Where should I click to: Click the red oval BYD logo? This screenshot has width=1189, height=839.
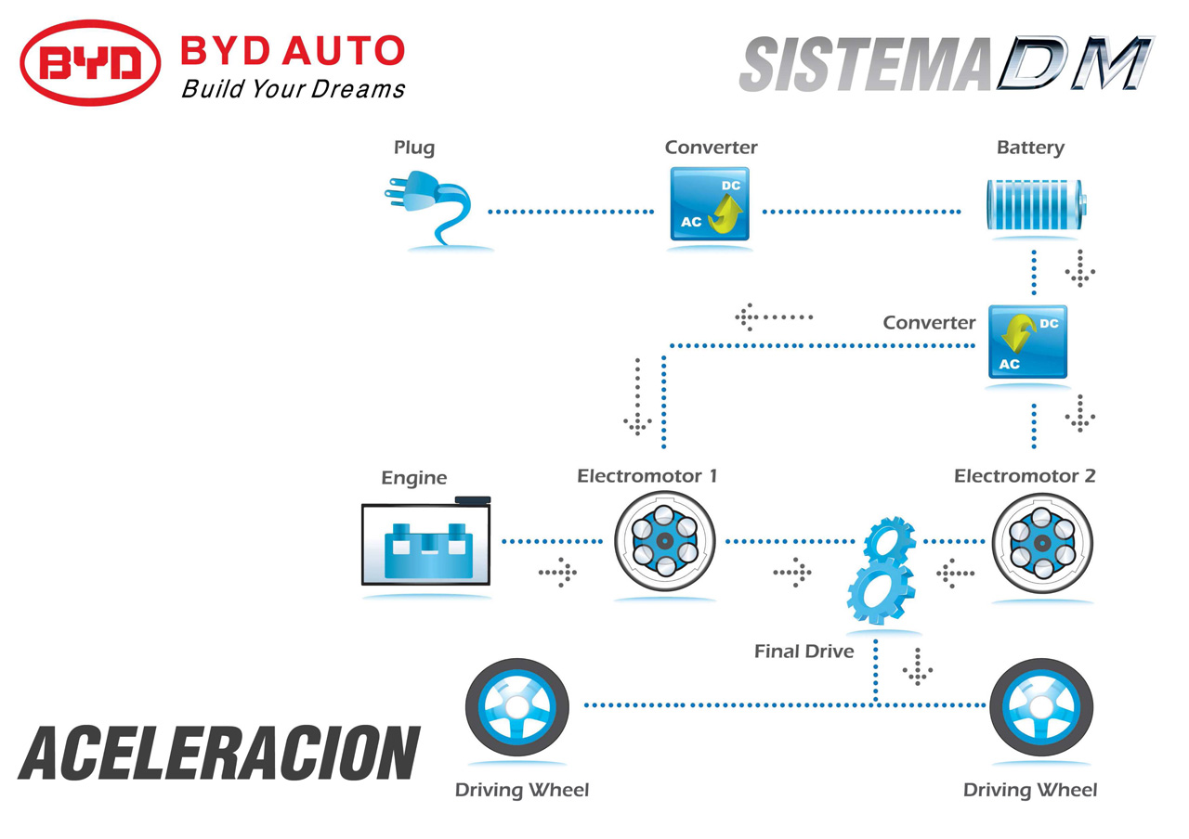pos(90,62)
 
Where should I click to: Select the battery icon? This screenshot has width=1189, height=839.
pos(1036,205)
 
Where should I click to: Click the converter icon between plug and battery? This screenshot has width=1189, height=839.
pos(710,203)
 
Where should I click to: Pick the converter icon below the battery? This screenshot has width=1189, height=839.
pos(1027,342)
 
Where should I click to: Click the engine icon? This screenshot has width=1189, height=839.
pos(425,541)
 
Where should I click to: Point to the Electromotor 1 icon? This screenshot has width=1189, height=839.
pos(664,541)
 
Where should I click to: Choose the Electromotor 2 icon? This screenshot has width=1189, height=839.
pos(1042,543)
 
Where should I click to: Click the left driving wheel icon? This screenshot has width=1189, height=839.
pos(517,707)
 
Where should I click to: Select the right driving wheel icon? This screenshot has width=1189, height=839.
pos(1041,707)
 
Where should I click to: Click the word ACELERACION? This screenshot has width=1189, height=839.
pos(219,753)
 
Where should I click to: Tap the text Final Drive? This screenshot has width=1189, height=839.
pos(804,652)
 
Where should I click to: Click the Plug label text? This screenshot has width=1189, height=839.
pos(414,148)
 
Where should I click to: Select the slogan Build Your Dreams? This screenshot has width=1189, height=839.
pos(293,89)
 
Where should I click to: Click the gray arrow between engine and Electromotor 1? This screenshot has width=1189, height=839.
pos(558,573)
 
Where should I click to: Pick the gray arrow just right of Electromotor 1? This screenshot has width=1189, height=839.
pos(792,573)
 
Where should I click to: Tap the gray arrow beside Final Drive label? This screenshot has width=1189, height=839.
pos(917,666)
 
